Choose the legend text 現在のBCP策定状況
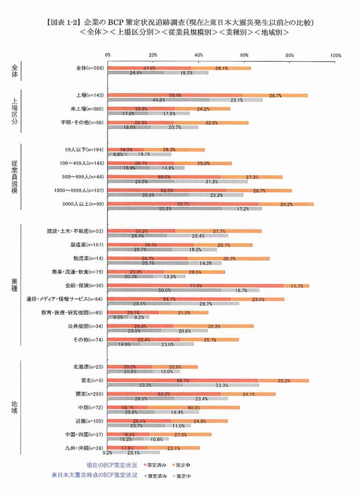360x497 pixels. click(x=112, y=465)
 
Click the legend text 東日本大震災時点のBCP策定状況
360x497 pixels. click(x=95, y=476)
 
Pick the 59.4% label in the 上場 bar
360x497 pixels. click(x=175, y=95)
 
